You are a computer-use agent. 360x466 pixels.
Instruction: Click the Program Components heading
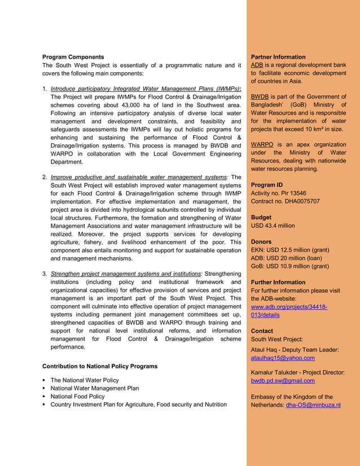point(73,57)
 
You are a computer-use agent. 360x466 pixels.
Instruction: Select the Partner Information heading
point(278,57)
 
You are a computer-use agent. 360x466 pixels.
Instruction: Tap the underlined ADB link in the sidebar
point(257,65)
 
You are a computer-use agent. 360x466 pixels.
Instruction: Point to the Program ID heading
point(267,185)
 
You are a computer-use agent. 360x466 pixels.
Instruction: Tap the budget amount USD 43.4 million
point(273,226)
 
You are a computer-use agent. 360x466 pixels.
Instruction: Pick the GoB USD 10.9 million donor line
point(289,266)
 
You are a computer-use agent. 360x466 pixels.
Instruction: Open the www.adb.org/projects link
point(289,307)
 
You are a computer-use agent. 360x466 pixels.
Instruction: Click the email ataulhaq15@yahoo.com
point(283,358)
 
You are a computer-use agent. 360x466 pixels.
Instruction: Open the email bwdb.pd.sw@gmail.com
point(283,381)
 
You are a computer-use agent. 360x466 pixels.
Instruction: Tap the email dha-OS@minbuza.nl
point(313,405)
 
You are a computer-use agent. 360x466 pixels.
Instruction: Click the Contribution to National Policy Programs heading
point(100,366)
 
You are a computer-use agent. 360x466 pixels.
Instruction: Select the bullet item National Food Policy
point(78,397)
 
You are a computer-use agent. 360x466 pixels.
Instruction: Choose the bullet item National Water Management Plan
point(95,388)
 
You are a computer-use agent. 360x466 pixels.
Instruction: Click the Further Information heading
point(278,282)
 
